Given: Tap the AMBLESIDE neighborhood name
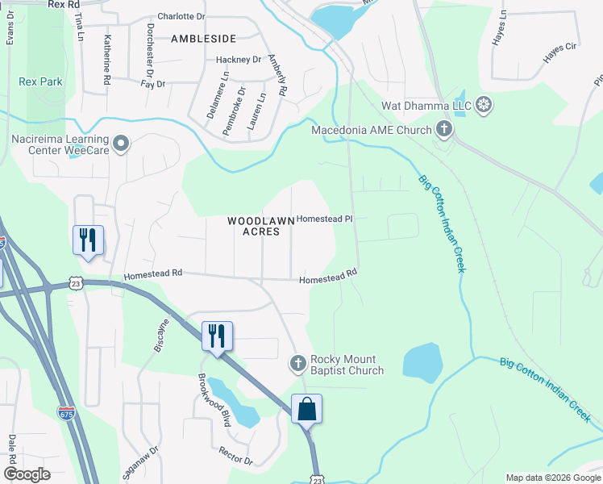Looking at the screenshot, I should coord(203,38).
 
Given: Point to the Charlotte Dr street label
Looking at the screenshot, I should coord(181,16).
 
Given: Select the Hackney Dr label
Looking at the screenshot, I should coord(239,60).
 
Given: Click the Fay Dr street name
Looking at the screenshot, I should coord(152,84).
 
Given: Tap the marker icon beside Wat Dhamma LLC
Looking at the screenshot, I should coord(484,104).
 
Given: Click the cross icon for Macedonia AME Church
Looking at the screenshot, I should coord(443,128).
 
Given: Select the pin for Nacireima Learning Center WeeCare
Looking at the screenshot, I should coord(121,144).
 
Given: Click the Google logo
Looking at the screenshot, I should coord(27,474).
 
